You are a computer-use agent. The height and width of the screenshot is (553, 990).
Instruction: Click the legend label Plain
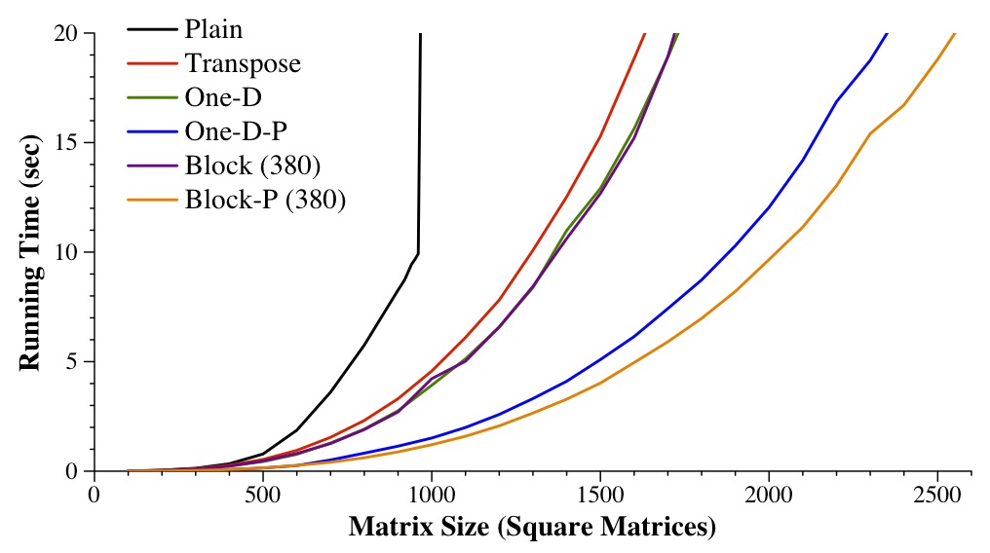coord(213,29)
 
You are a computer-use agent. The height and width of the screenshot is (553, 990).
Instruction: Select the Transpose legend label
coord(243,64)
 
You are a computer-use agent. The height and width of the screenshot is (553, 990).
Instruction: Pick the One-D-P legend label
coord(235,131)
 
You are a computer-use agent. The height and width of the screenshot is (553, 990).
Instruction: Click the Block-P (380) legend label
coord(265,200)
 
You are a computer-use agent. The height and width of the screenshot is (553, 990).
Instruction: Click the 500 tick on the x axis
coord(263,494)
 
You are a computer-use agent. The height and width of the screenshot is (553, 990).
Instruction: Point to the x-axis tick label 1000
coord(432,494)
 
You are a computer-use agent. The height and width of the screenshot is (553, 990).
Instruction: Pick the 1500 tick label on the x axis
coord(600,494)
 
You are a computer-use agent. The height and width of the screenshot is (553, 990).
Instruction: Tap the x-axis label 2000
coord(769,494)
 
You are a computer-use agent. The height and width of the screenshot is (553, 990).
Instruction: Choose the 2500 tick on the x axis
coord(937,494)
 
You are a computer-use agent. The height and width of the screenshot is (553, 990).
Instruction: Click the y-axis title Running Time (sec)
coord(29,252)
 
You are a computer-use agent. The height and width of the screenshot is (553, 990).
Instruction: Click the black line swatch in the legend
coord(151,30)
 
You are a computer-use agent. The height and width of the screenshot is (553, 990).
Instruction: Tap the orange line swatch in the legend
coord(151,200)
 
